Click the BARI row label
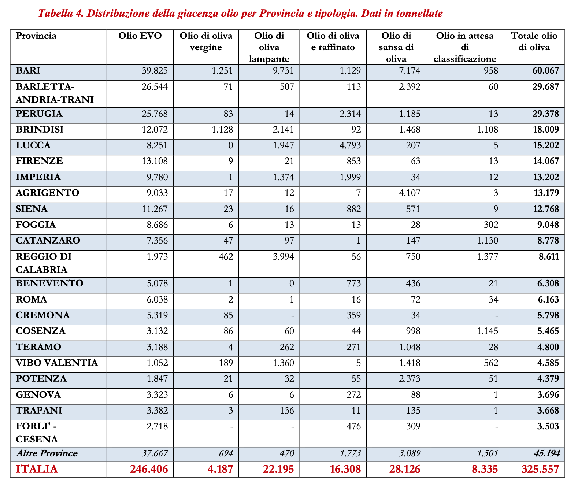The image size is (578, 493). (x=28, y=70)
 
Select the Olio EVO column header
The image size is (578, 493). (x=140, y=36)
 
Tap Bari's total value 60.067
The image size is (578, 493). (x=546, y=71)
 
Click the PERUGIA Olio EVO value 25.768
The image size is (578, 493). (x=155, y=114)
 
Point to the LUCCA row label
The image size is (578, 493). (x=33, y=145)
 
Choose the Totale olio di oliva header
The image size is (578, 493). (x=534, y=42)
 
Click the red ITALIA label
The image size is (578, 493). (x=37, y=469)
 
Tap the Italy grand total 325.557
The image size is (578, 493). (x=540, y=469)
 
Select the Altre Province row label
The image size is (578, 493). (x=47, y=453)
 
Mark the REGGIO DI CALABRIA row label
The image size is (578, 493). (x=44, y=263)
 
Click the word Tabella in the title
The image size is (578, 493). (x=56, y=14)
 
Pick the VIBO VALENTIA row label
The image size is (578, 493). (x=57, y=363)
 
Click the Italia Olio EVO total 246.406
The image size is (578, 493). (x=149, y=469)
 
